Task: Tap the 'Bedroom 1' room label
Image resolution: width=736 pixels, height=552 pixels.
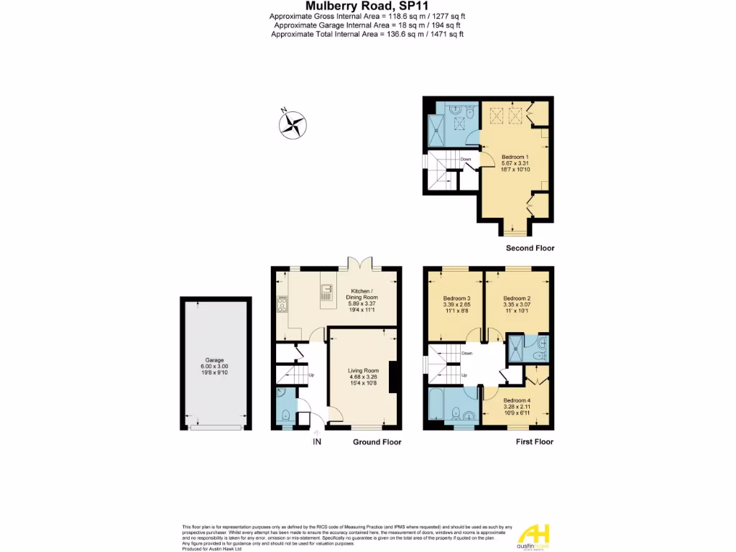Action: pos(515,157)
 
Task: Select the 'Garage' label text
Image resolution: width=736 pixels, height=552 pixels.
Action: pos(214,360)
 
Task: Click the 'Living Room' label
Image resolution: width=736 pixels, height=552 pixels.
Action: pos(363,370)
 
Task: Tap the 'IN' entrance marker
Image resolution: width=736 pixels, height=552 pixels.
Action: pos(316,441)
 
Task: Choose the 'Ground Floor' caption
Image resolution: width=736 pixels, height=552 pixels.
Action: pos(377,442)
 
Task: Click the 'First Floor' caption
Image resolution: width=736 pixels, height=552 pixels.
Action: pos(535,442)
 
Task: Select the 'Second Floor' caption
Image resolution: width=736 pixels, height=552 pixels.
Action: pos(530,248)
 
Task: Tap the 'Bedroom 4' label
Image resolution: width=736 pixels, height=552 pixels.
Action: pos(516,400)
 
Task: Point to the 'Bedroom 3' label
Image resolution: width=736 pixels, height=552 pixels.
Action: pos(456,298)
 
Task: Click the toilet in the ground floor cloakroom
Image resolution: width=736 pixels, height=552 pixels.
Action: pos(285,414)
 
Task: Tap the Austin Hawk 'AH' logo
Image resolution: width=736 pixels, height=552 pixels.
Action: pos(535,533)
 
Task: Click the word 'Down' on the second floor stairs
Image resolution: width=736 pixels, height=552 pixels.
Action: pos(466,159)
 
